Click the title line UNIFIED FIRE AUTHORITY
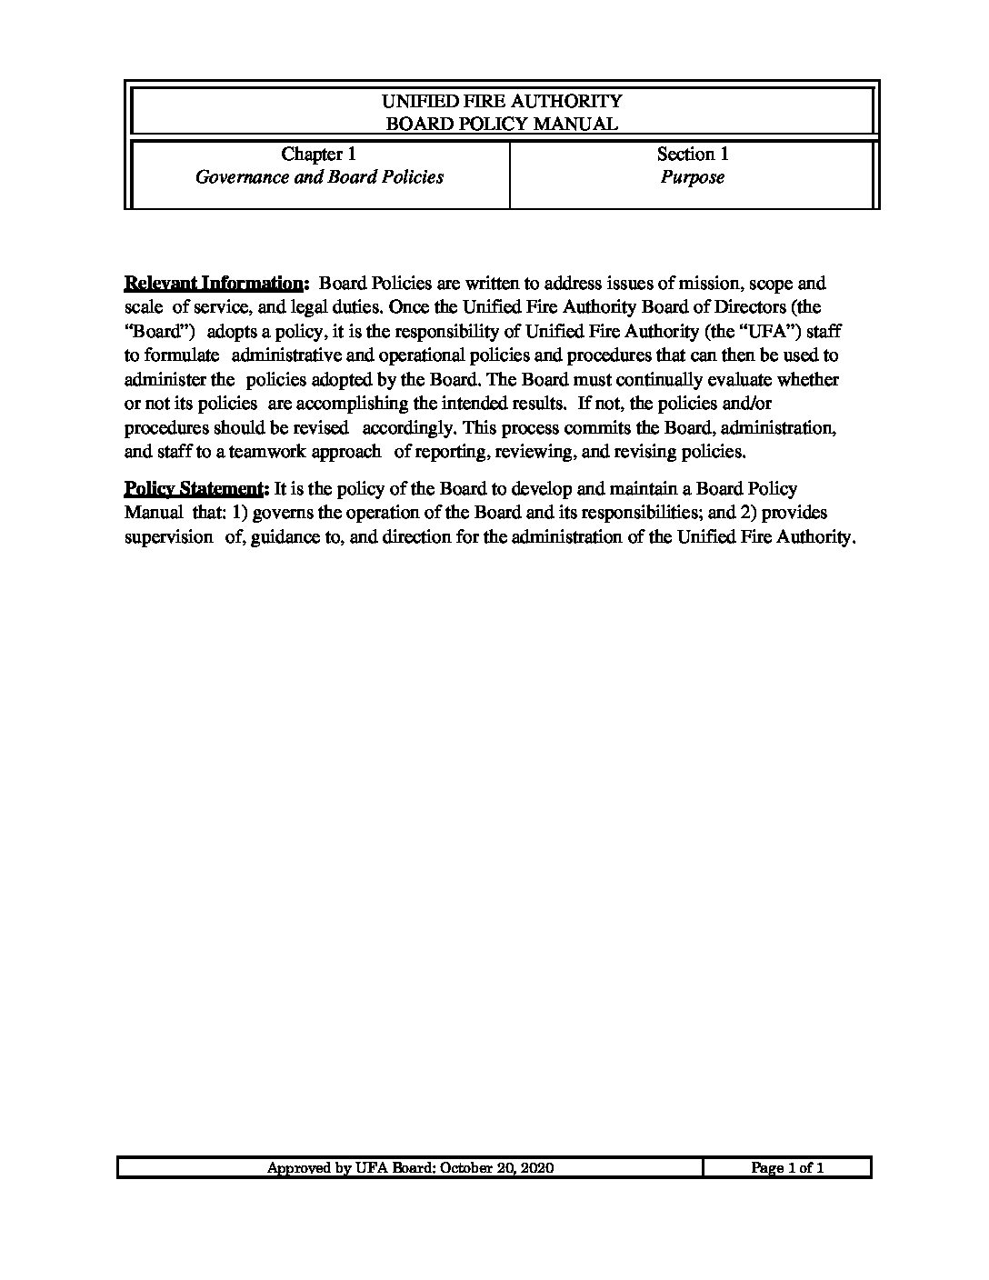click(x=502, y=101)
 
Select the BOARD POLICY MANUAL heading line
click(x=502, y=125)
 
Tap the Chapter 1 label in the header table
click(x=318, y=155)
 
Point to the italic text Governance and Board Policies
click(x=319, y=177)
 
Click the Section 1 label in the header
click(x=693, y=155)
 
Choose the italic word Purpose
click(x=693, y=177)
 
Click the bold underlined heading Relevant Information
click(x=215, y=284)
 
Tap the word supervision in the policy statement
click(x=168, y=537)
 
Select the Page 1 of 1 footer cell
click(x=787, y=1168)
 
